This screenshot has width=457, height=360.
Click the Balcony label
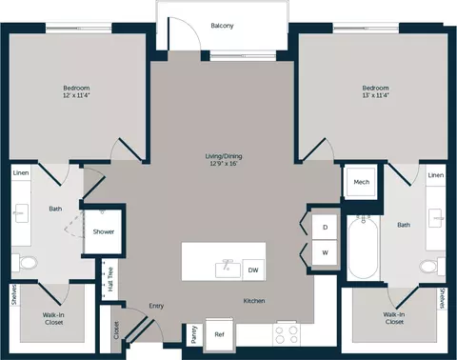coord(222,26)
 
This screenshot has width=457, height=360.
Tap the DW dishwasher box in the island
coord(253,270)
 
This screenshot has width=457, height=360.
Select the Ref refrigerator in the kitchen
coord(220,334)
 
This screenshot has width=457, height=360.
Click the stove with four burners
coord(287,334)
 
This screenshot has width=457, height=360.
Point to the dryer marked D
coord(325,227)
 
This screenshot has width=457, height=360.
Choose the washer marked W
coord(325,252)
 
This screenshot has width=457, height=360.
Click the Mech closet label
coord(362,182)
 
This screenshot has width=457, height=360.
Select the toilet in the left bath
coord(25,263)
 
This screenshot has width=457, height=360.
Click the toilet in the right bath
coord(432,265)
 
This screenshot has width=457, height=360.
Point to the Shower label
coord(104,231)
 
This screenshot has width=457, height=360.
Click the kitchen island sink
coord(228,269)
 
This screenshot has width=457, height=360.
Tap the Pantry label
coord(194,334)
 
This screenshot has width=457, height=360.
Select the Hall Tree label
coord(110,279)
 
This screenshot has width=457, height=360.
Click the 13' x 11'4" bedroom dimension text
coord(375,95)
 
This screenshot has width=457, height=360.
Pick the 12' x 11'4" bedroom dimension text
coord(76,95)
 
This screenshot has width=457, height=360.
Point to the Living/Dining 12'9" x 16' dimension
coord(224,164)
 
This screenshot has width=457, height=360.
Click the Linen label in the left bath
coord(21,173)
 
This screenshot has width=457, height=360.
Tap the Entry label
coord(156,306)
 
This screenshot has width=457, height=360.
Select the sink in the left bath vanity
coord(22,213)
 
